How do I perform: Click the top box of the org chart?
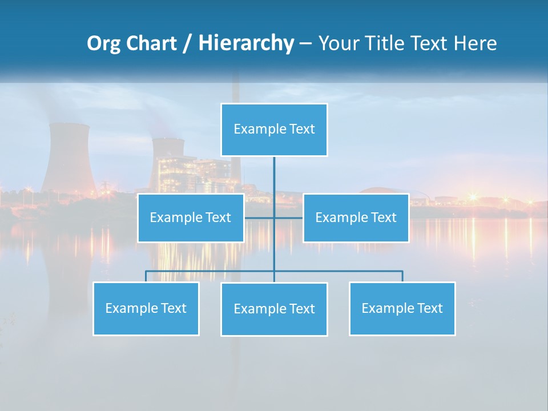click(274, 130)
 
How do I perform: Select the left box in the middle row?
click(191, 217)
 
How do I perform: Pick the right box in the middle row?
click(356, 217)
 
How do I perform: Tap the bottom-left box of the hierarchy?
click(146, 308)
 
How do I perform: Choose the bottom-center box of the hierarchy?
click(274, 309)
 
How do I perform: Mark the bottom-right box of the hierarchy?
click(402, 308)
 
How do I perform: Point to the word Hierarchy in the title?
click(246, 43)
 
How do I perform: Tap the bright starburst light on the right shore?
click(473, 197)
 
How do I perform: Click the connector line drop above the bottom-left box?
click(146, 276)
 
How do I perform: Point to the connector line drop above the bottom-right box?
click(402, 276)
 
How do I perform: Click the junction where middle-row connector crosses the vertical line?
click(274, 217)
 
